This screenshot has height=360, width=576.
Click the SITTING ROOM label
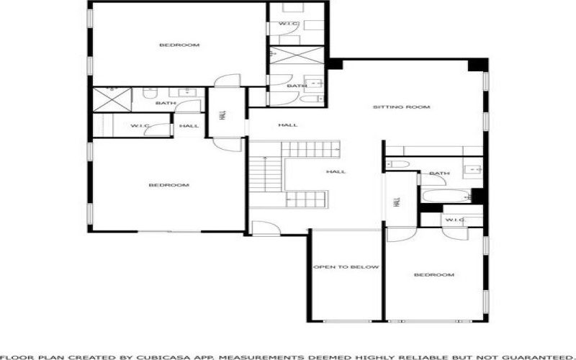(401, 107)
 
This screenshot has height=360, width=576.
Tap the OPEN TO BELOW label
(346, 267)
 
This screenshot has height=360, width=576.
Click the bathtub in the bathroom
(446, 196)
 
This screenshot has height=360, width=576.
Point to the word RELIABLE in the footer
(423, 357)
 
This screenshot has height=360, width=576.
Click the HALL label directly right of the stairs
(336, 172)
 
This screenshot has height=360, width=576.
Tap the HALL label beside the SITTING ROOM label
(287, 125)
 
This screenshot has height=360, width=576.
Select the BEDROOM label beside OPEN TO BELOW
(434, 275)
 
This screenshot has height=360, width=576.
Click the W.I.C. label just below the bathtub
(455, 220)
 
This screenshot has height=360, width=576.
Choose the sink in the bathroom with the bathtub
(473, 170)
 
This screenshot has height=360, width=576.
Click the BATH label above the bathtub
(439, 174)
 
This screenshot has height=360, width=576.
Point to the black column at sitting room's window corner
(477, 65)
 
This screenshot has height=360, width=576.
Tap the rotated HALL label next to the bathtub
(397, 202)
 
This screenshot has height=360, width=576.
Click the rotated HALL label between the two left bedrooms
(222, 116)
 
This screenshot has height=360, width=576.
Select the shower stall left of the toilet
(112, 99)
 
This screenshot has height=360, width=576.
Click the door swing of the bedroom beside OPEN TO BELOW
(402, 235)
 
